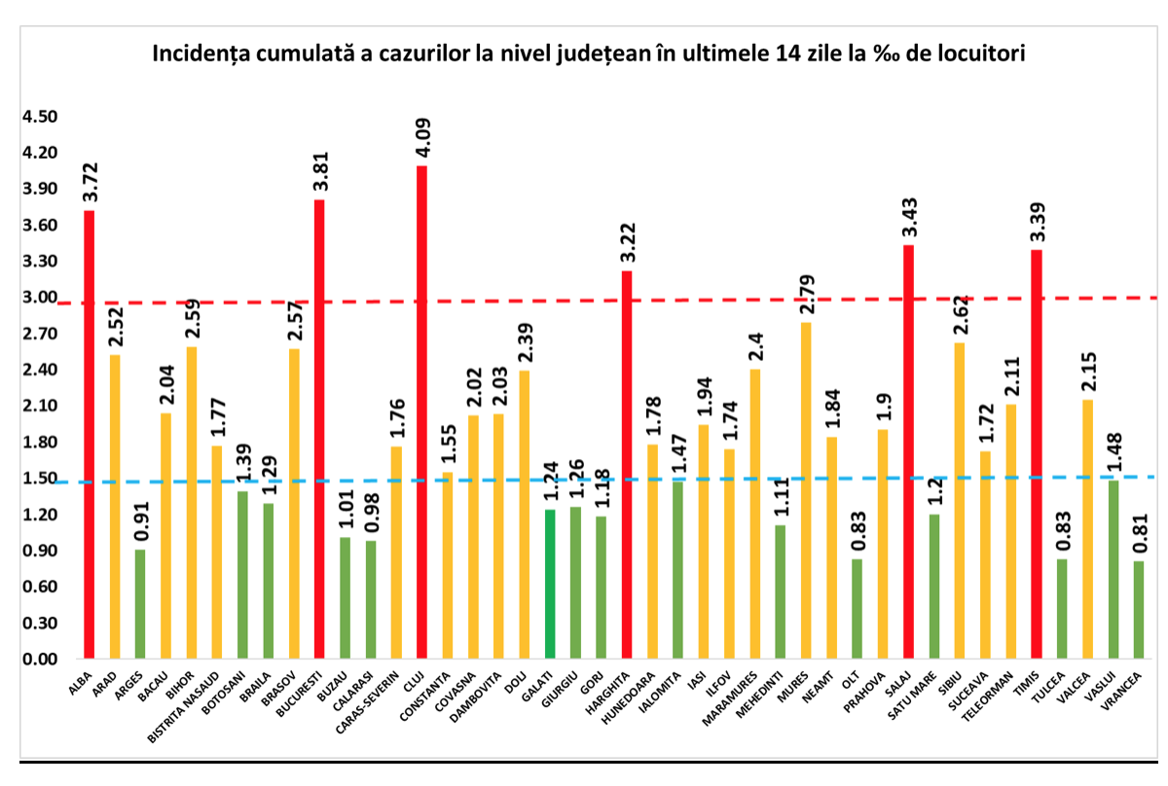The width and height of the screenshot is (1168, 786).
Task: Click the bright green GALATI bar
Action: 549,584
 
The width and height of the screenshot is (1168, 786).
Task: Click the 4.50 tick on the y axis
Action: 40,117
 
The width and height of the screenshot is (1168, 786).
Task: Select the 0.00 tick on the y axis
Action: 40,660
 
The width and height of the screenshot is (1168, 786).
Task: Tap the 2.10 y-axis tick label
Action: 40,407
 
